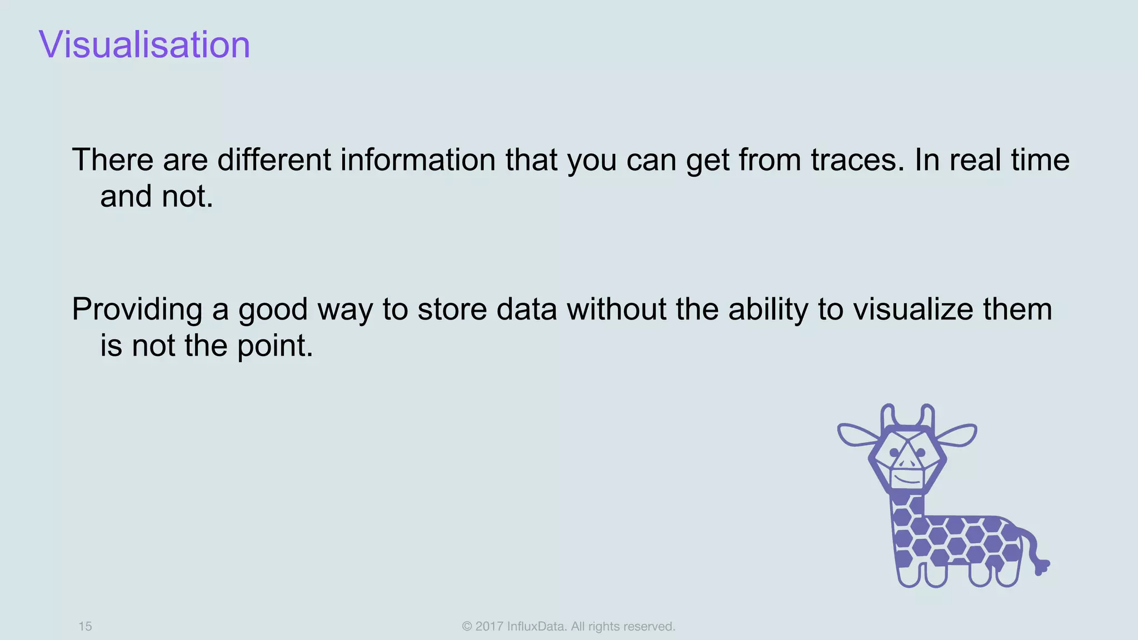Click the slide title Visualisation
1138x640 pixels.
144,44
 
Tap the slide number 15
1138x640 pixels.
85,626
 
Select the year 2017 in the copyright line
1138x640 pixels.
489,626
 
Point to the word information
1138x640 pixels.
417,160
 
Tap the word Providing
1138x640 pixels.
137,309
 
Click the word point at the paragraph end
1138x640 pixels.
275,346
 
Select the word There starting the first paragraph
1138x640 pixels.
113,160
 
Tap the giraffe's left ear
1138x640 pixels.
859,434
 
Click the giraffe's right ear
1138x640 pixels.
956,434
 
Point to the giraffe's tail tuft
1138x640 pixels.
1041,567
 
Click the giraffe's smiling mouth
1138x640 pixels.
908,478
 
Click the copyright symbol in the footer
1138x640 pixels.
467,626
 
